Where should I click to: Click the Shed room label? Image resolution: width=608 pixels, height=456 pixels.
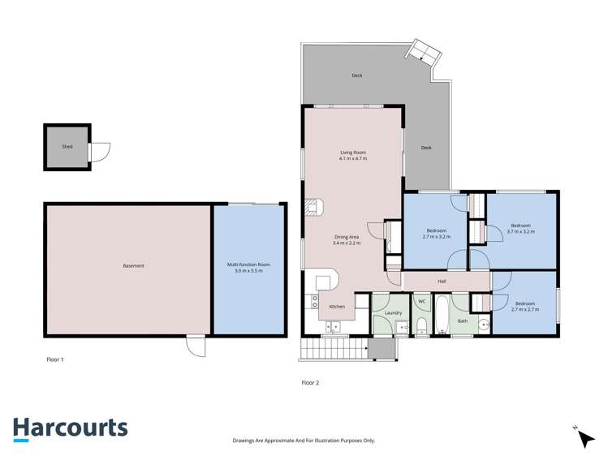pyautogui.click(x=67, y=147)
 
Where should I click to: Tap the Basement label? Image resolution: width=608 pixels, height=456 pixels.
pyautogui.click(x=133, y=265)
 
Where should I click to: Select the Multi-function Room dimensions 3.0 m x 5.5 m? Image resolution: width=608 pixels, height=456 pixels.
pyautogui.click(x=248, y=270)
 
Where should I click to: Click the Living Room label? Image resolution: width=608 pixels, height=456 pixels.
pyautogui.click(x=353, y=153)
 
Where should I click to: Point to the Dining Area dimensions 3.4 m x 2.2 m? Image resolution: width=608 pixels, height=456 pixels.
pyautogui.click(x=347, y=243)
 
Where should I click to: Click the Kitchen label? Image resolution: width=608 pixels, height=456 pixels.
pyautogui.click(x=338, y=306)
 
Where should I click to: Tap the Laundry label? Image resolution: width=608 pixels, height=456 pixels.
pyautogui.click(x=394, y=312)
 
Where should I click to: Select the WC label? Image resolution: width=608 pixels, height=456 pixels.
pyautogui.click(x=421, y=302)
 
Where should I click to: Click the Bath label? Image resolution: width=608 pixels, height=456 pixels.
pyautogui.click(x=463, y=320)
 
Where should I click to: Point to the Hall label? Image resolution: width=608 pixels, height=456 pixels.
pyautogui.click(x=442, y=281)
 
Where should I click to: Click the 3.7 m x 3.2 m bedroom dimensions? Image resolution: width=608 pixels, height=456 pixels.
pyautogui.click(x=520, y=231)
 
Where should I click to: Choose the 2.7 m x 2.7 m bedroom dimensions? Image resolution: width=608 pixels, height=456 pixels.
pyautogui.click(x=526, y=309)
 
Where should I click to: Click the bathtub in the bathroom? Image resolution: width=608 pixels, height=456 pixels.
pyautogui.click(x=441, y=316)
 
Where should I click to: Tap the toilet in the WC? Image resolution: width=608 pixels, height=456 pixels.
pyautogui.click(x=421, y=325)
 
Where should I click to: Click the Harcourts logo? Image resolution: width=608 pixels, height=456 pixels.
pyautogui.click(x=70, y=428)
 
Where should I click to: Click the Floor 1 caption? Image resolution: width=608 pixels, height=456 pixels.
pyautogui.click(x=55, y=358)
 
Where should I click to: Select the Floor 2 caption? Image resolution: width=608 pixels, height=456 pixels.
pyautogui.click(x=310, y=382)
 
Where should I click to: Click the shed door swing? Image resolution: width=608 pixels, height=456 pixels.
pyautogui.click(x=101, y=152)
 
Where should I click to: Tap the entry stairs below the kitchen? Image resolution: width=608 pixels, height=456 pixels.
pyautogui.click(x=334, y=349)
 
